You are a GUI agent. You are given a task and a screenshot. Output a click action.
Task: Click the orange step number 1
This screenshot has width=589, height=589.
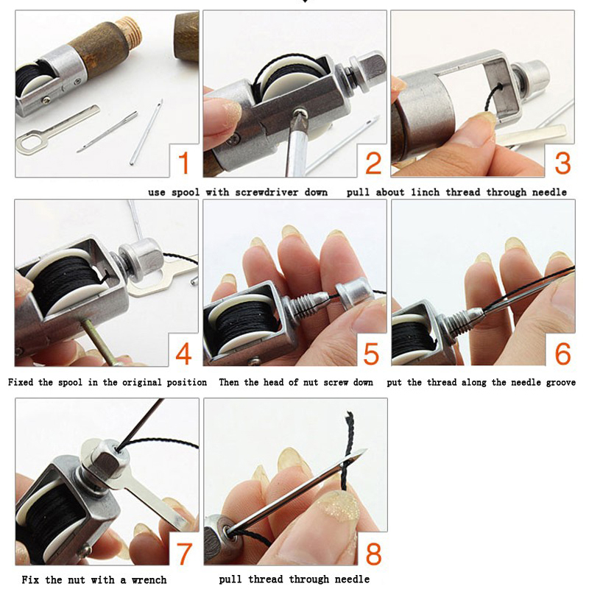coord(183,163)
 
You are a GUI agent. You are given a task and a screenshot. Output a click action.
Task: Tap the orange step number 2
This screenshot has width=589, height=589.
coord(373,163)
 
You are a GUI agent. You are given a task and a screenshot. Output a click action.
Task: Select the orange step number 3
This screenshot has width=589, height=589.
coord(562,163)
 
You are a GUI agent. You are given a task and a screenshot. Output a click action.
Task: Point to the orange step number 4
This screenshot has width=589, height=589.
coord(183,353)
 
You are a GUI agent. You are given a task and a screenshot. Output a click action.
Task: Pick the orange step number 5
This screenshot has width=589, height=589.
coord(371,353)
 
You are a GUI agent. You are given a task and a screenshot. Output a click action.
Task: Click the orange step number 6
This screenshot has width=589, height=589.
coord(562,353)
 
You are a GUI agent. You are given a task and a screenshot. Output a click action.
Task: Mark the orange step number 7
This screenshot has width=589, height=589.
coord(183,554)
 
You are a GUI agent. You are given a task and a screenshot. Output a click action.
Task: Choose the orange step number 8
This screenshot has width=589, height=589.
coord(373,554)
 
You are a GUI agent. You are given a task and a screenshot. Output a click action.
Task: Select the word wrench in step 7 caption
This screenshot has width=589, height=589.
coord(149,579)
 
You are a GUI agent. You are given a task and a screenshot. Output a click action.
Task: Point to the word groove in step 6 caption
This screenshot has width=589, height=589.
coord(561,382)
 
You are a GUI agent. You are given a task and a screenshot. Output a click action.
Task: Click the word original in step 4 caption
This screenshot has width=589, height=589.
coord(139,382)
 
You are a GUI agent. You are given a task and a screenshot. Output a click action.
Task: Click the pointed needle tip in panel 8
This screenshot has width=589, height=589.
coord(366,450)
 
